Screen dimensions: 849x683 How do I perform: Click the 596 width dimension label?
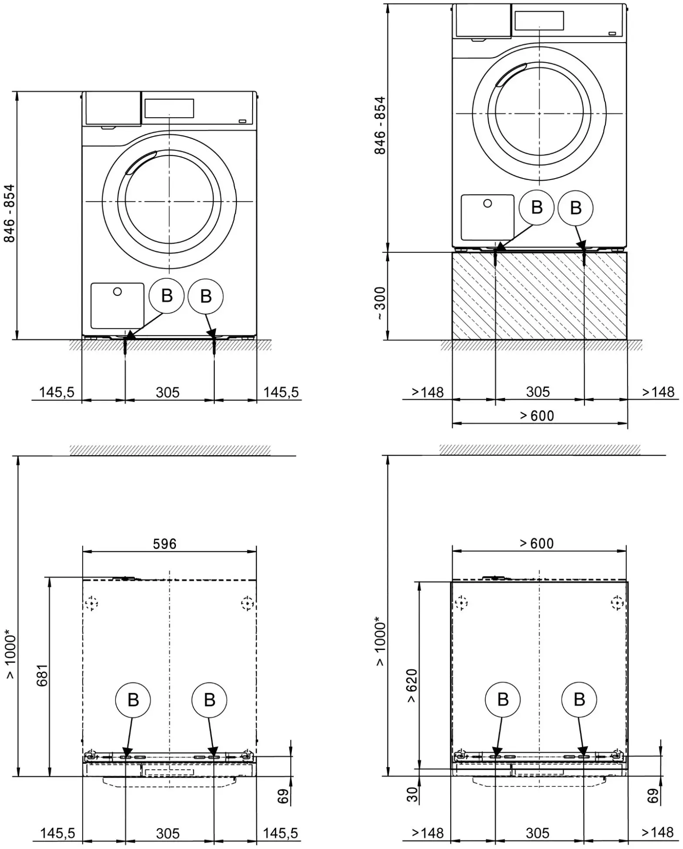[x=165, y=544]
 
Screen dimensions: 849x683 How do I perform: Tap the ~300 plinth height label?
[x=380, y=304]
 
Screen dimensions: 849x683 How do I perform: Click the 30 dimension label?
[x=413, y=794]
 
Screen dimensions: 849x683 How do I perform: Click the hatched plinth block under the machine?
[x=539, y=296]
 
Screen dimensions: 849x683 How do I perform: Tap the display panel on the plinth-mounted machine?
[x=539, y=20]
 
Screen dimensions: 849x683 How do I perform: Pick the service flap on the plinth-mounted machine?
[x=487, y=217]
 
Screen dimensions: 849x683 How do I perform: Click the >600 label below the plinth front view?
[x=537, y=416]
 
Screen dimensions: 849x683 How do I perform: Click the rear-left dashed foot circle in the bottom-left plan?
[x=91, y=603]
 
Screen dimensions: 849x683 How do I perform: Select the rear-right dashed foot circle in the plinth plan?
[x=617, y=603]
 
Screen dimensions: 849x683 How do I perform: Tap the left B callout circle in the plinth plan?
[x=503, y=699]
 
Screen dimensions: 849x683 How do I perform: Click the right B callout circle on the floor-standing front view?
[x=206, y=296]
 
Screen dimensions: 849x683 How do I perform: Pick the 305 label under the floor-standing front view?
[x=168, y=392]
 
